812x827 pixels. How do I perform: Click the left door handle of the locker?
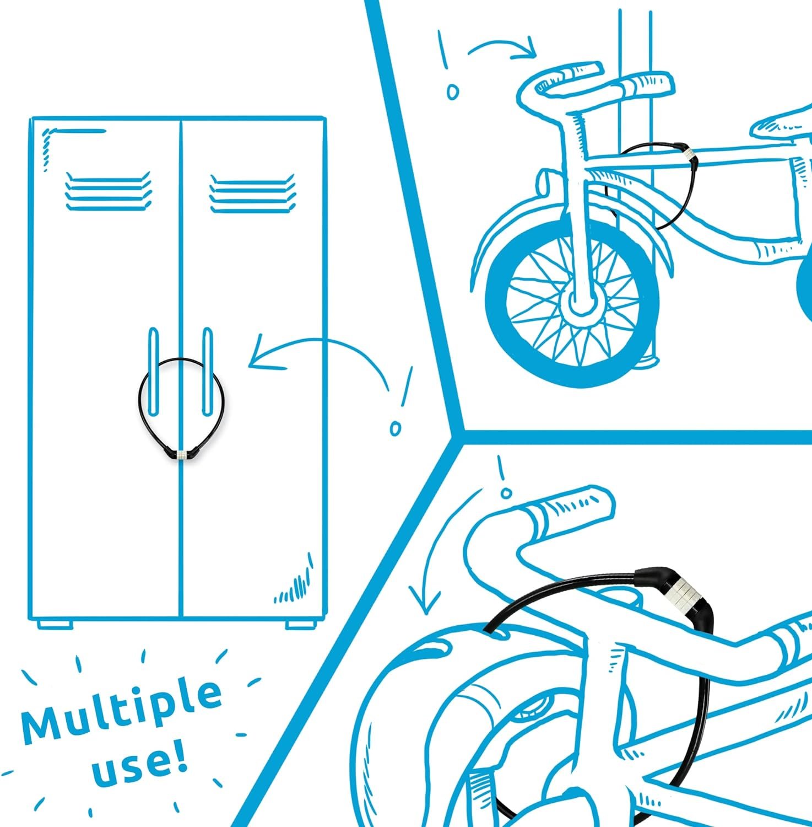(x=154, y=372)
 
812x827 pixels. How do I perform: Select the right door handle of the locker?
(x=207, y=372)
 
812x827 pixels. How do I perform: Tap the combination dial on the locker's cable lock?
(x=182, y=454)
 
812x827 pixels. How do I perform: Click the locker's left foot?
(x=55, y=625)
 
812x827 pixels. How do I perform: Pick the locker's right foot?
(x=301, y=625)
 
